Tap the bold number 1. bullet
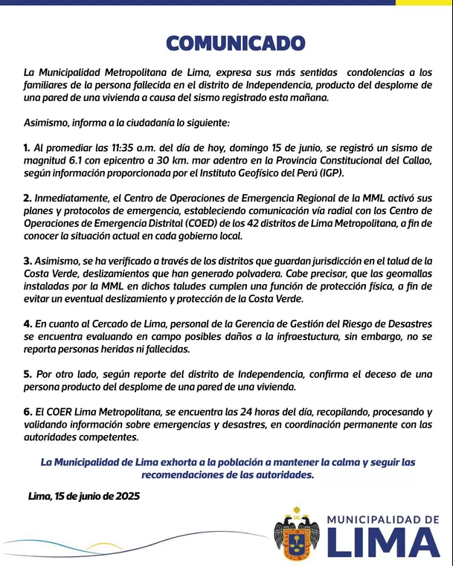(x=27, y=147)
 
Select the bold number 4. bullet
(x=28, y=324)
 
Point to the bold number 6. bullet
(x=28, y=412)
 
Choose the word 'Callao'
(x=414, y=160)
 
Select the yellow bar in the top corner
(x=423, y=2)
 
